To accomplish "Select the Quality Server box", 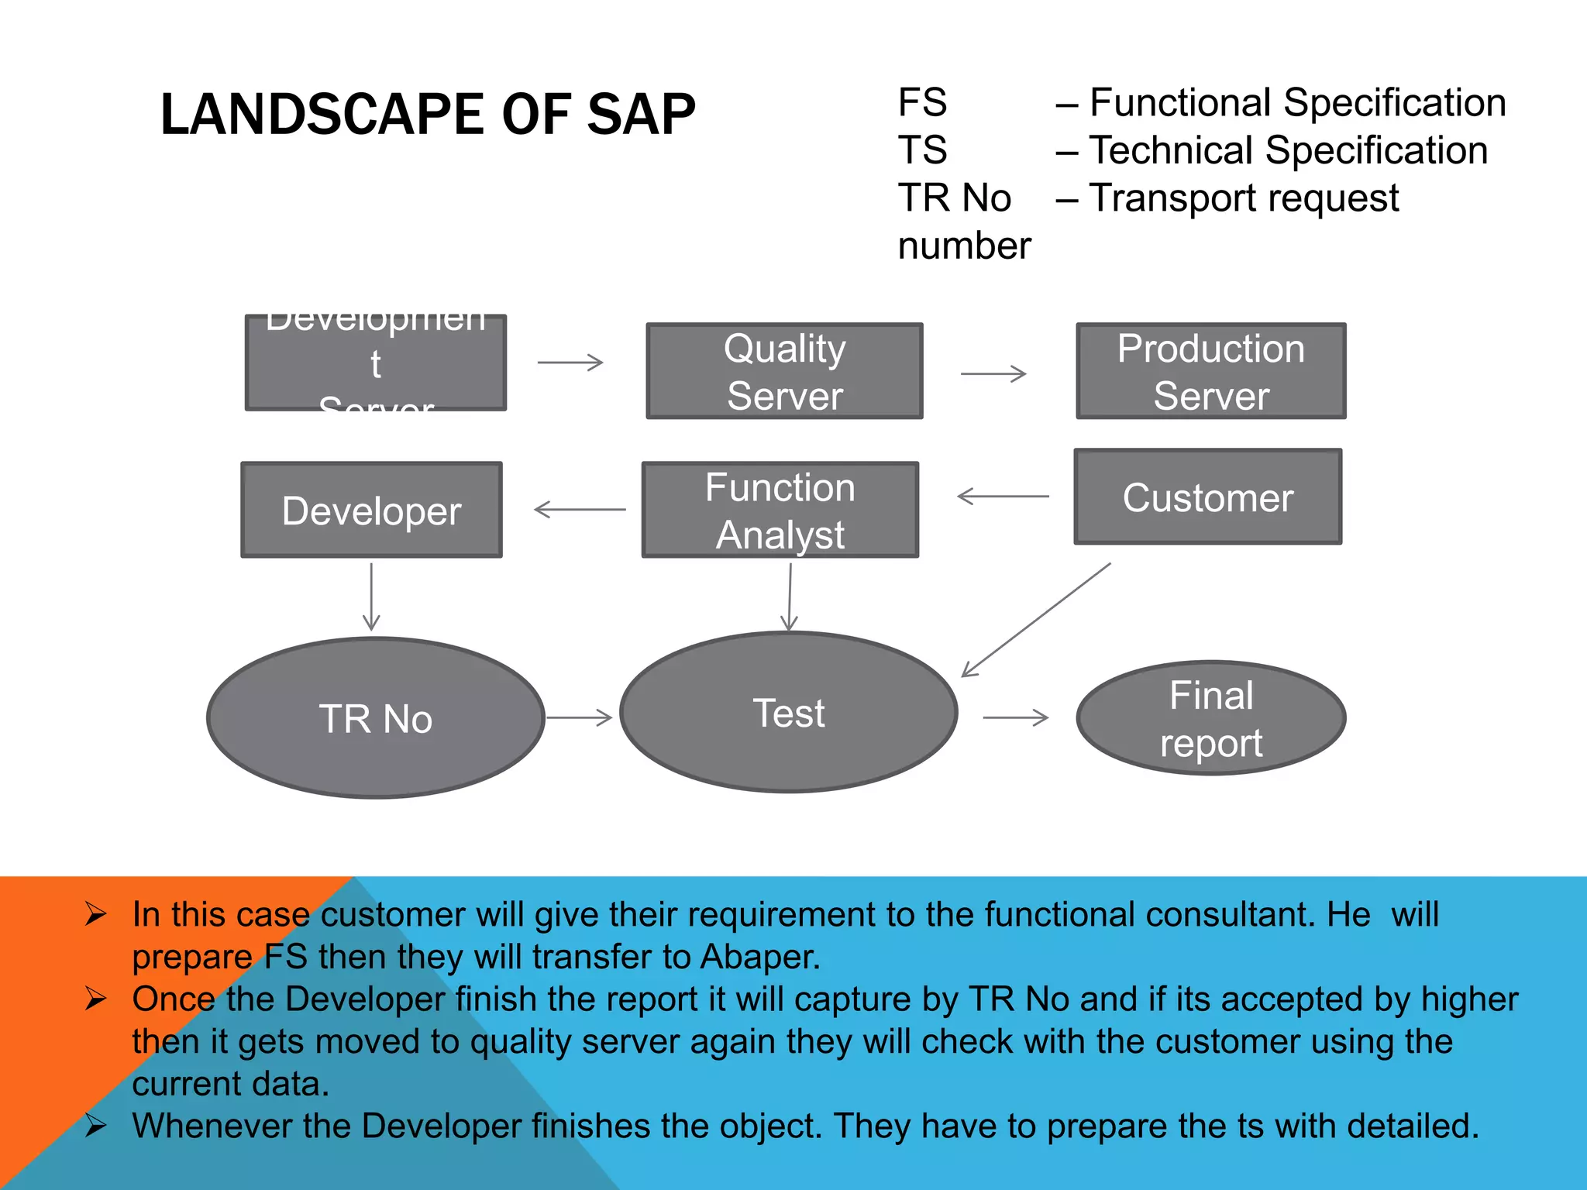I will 784,371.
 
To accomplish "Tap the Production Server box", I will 1210,371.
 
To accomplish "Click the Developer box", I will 372,511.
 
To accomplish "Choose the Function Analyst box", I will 780,511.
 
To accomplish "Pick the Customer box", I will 1207,497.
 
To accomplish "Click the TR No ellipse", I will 376,718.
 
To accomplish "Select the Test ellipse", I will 789,713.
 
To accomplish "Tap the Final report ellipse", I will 1210,718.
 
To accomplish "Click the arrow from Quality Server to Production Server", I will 993,374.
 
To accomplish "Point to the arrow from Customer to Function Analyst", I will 1003,496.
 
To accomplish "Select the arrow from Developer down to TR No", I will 371,597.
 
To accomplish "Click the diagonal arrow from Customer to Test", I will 1036,620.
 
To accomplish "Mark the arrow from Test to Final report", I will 1015,718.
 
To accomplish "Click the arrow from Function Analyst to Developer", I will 580,510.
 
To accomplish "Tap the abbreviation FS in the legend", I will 922,102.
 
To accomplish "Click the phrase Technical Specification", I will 1288,150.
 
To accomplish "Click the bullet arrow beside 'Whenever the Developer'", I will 95,1125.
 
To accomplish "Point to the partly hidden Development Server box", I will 376,363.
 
